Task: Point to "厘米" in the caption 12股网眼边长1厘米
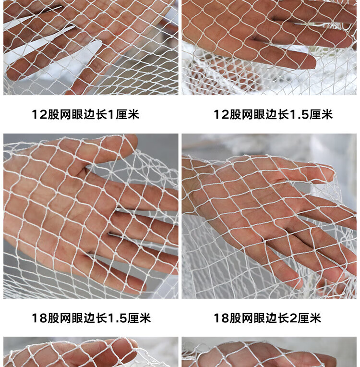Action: tap(128, 115)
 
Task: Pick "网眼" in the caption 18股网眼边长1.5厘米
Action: tap(72, 318)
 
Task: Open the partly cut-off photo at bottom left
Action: tap(91, 352)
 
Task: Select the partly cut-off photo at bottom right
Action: tap(269, 352)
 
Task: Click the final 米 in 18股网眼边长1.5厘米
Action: tap(145, 318)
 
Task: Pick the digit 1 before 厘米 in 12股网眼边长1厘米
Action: tap(111, 115)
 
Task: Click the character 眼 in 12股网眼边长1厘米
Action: tap(77, 115)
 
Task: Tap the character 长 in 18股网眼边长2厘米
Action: tap(283, 318)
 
